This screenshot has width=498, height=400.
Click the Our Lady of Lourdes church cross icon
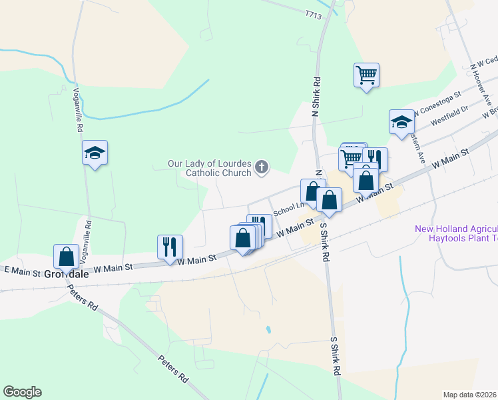click(262, 167)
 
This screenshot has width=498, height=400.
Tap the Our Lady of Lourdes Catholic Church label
click(209, 168)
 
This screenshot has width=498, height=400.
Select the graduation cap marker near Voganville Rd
click(95, 153)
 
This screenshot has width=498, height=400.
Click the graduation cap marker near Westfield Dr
click(401, 122)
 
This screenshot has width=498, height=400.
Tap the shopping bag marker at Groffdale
click(66, 256)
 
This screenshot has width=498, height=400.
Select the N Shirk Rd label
click(317, 97)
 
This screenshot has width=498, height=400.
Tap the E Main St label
click(23, 272)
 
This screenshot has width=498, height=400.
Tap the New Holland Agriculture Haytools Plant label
click(457, 233)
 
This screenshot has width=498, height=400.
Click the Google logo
click(22, 392)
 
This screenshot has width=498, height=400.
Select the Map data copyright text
click(470, 394)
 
